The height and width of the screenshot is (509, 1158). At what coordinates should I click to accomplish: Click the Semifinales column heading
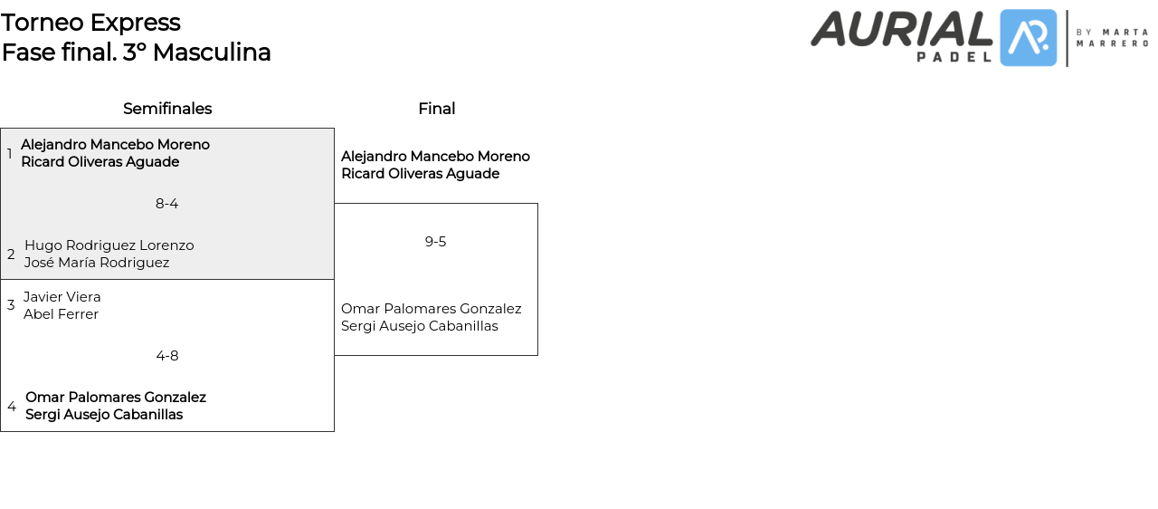pos(167,109)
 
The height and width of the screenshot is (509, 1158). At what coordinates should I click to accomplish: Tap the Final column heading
pos(436,109)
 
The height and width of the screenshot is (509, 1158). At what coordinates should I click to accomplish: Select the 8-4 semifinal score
pos(166,204)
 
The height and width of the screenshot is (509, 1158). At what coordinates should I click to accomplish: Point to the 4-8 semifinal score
pos(166,356)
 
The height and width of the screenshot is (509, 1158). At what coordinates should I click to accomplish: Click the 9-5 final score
pos(435,242)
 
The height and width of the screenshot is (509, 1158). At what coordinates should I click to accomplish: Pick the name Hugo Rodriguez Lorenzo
pos(109,245)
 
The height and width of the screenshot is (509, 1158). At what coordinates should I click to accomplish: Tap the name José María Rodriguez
pos(97,263)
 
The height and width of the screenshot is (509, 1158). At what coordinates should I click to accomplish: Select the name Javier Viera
pos(62,297)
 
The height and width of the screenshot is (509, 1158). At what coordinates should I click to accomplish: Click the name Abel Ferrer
pos(61,314)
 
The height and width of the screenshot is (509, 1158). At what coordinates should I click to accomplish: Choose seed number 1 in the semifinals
pos(10,154)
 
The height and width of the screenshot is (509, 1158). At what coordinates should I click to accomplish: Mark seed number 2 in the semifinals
pos(11,254)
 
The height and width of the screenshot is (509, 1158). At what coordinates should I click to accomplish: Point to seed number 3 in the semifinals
pos(11,305)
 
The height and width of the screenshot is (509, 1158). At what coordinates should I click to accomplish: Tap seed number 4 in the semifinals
pos(12,407)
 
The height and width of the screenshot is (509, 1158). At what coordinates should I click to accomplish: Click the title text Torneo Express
pos(90,23)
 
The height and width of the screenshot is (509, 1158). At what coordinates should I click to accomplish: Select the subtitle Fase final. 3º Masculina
pos(136,53)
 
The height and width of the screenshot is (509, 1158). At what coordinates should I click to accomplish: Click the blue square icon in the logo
pos(1028,38)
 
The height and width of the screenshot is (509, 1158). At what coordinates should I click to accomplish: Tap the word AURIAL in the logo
pos(901,29)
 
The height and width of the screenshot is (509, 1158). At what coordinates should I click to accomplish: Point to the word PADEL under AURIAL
pos(954,56)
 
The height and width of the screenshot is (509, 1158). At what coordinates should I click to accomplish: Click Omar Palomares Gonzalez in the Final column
pos(431,309)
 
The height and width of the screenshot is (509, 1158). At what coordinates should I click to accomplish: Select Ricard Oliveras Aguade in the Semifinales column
pos(100,162)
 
